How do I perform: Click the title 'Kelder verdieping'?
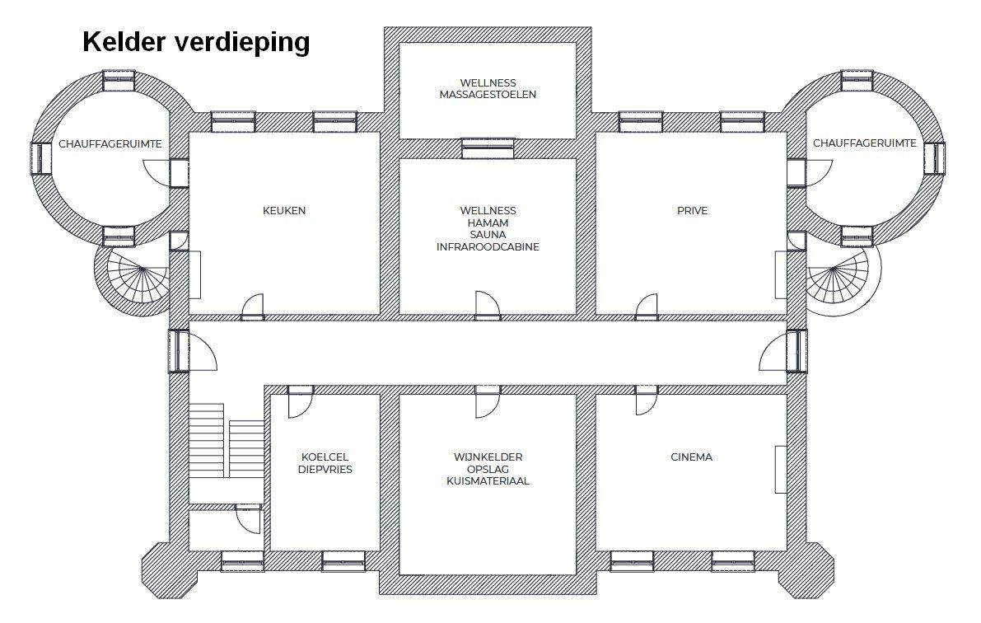(196, 42)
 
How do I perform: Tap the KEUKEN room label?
(284, 211)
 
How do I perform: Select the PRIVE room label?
(692, 211)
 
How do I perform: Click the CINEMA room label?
(692, 457)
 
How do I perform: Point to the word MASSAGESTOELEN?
(488, 95)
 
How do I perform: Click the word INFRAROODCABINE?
(488, 246)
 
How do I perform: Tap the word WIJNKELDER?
(488, 457)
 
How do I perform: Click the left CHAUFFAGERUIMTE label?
(110, 143)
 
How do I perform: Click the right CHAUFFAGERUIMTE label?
(864, 143)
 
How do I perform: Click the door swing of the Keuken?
(253, 306)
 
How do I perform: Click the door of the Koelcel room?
(300, 405)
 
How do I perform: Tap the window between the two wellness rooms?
(488, 148)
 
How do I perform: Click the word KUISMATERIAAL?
(488, 481)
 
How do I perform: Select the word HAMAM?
(488, 223)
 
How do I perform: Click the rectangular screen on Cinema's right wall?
(780, 470)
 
